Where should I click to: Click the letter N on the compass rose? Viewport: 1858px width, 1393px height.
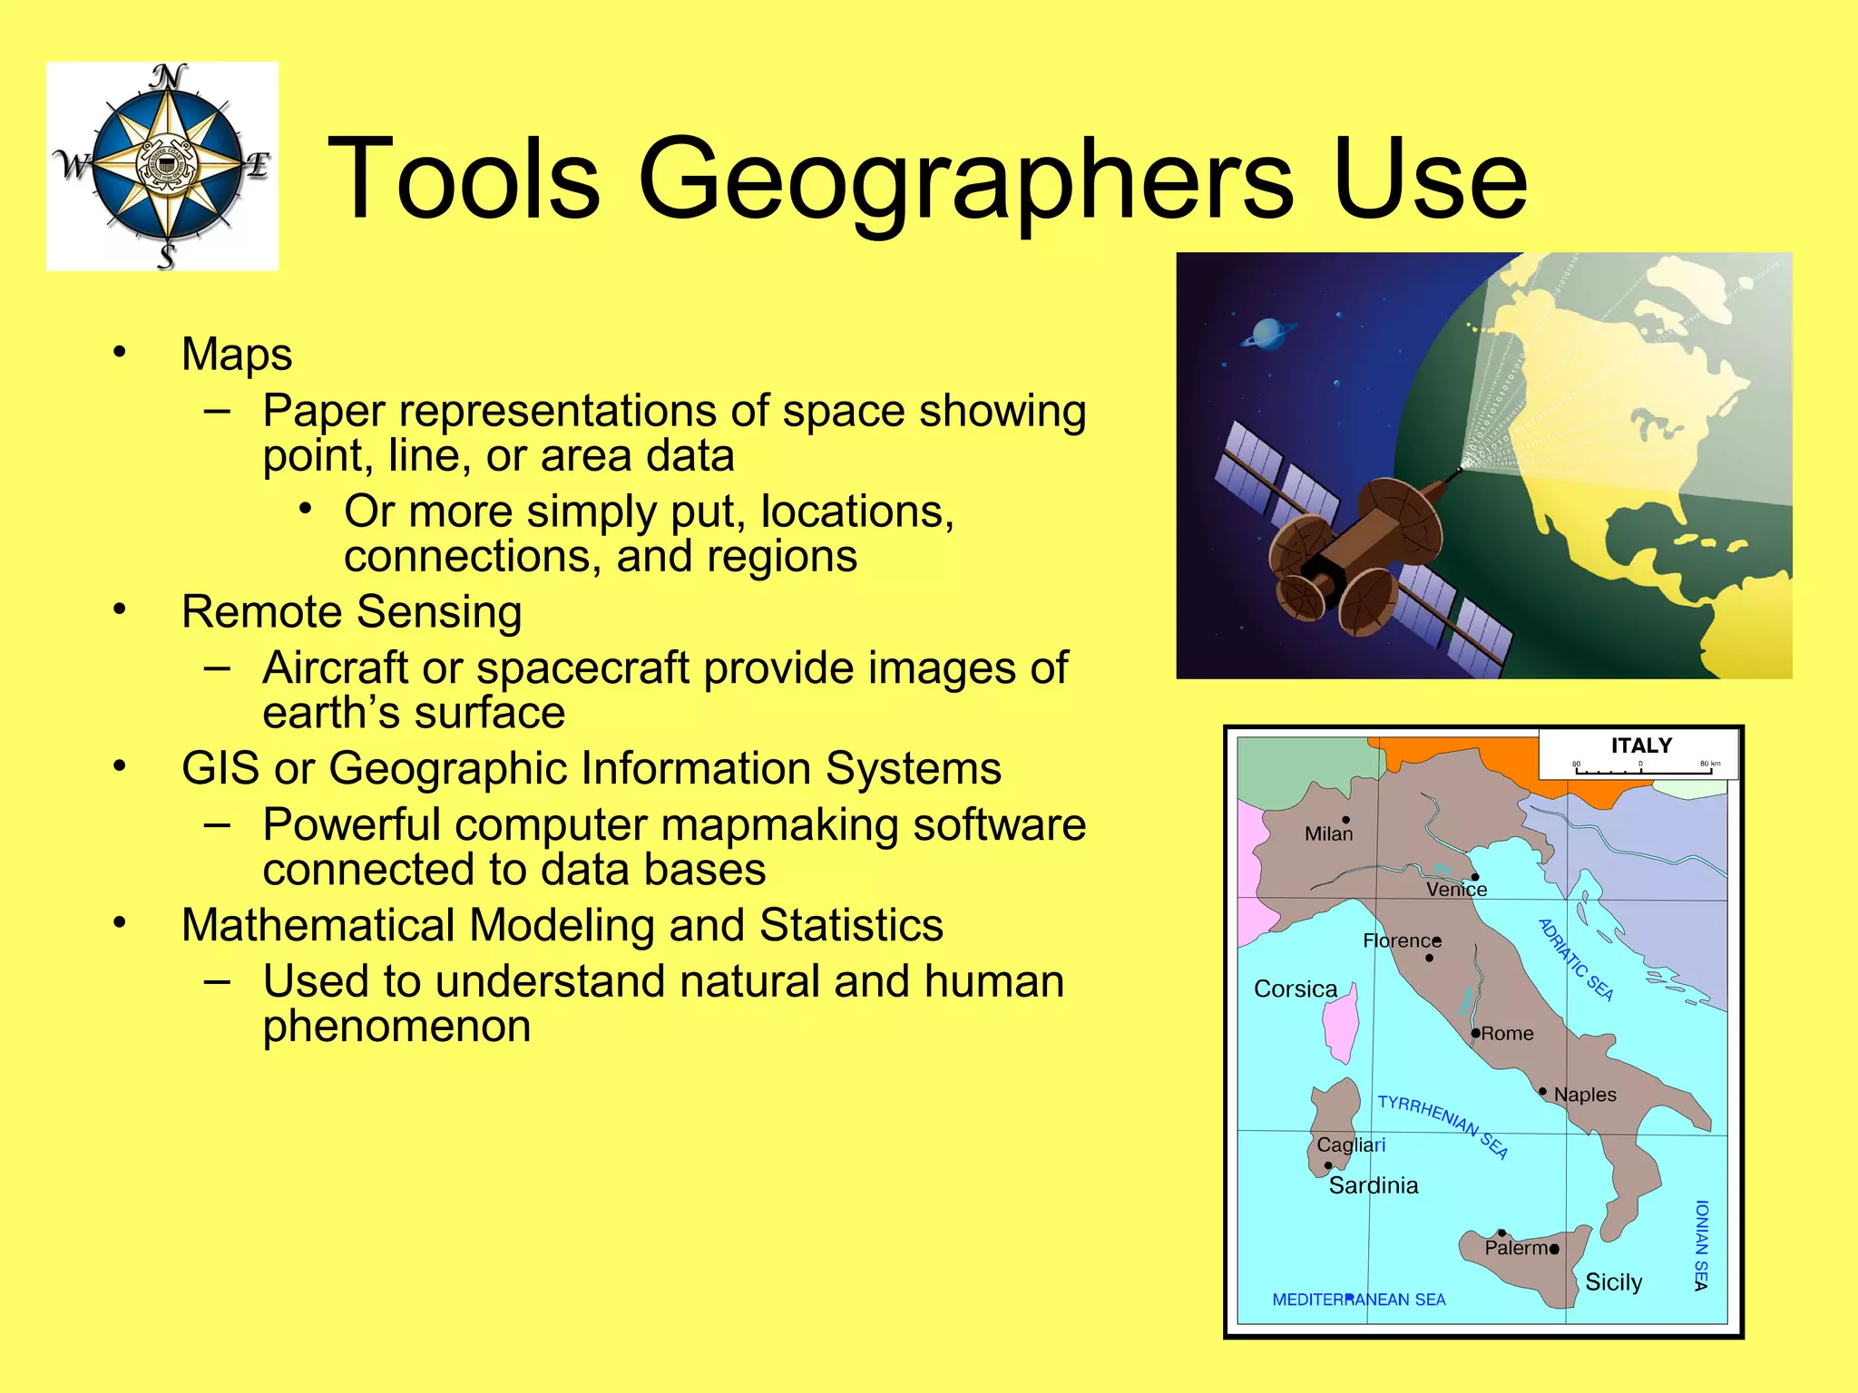167,78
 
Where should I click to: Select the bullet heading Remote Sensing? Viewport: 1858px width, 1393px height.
351,611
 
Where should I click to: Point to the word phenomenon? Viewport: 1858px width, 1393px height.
396,1026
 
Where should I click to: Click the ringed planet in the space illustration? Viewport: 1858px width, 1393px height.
1267,335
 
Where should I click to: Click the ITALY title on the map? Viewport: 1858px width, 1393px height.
1641,745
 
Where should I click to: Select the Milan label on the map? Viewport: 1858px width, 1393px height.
1328,833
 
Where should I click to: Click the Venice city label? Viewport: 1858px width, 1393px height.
1456,890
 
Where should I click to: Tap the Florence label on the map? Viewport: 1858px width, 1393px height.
1401,940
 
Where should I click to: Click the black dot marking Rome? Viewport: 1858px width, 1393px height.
1476,1033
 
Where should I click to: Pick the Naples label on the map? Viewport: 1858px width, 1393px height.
1585,1095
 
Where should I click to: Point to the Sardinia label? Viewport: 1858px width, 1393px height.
1373,1185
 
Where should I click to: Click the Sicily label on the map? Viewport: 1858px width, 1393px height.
1613,1282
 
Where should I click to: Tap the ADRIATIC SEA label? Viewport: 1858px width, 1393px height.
1576,960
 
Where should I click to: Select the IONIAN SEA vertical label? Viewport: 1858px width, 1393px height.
1701,1245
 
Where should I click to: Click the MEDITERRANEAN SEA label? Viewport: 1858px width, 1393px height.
1358,1300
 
